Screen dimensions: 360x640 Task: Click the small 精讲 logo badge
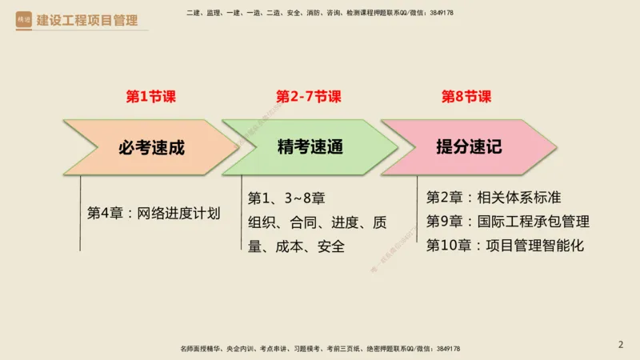click(x=25, y=20)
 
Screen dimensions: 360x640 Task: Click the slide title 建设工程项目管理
click(x=87, y=20)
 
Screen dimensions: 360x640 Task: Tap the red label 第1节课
click(x=151, y=97)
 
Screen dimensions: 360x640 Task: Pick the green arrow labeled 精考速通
click(x=308, y=147)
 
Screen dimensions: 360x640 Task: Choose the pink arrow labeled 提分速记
click(x=468, y=147)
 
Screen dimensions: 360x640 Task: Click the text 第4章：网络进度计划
click(x=154, y=214)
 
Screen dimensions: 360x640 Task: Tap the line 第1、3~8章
click(x=286, y=198)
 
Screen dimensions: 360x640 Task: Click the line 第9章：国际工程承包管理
click(x=508, y=222)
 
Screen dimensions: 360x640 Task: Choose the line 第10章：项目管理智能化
click(x=505, y=246)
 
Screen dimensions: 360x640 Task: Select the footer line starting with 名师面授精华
click(x=320, y=349)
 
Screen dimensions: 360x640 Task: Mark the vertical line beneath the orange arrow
click(x=80, y=216)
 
